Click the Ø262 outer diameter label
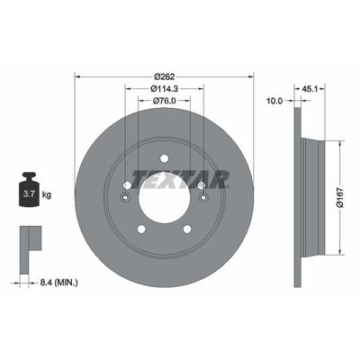(162, 76)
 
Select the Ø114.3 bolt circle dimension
(163, 88)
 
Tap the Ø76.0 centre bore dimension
(163, 100)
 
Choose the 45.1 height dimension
(310, 88)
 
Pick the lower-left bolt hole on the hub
(139, 229)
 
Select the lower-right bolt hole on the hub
(186, 229)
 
